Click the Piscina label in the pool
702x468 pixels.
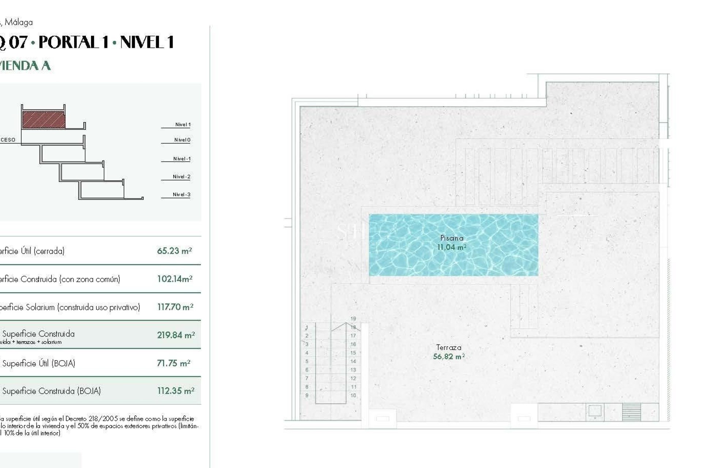(x=452, y=238)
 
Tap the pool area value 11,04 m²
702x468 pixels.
(x=452, y=247)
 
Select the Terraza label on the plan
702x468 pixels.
(x=449, y=347)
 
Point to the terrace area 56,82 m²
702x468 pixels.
(x=449, y=356)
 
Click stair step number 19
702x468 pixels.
(x=353, y=319)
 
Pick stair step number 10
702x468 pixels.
(x=353, y=395)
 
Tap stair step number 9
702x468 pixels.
(x=307, y=395)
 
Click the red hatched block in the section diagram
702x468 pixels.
(x=44, y=120)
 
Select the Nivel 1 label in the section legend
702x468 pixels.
(x=183, y=125)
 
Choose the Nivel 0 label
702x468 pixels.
(x=182, y=140)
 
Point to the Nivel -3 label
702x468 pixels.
(x=182, y=195)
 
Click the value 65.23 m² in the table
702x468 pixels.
(x=174, y=251)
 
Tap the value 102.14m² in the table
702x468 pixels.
(x=175, y=279)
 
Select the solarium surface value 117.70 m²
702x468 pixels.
(x=175, y=307)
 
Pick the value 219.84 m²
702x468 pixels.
(x=176, y=335)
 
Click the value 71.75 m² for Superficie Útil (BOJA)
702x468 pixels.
(x=174, y=363)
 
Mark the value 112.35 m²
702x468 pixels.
(x=176, y=391)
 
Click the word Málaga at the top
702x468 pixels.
(x=19, y=22)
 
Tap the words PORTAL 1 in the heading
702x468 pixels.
(x=73, y=42)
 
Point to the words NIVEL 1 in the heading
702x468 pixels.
(x=147, y=42)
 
